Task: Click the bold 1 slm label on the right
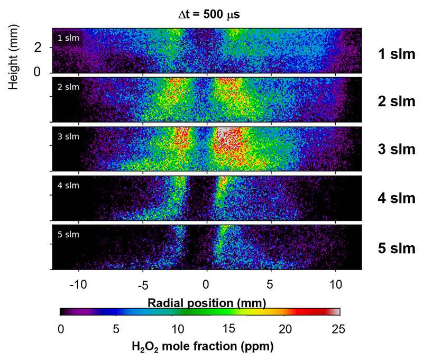tap(396, 53)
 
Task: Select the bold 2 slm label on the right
tap(396, 101)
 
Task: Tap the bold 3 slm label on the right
tap(396, 149)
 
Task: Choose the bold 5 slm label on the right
tap(396, 248)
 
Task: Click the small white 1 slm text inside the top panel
tap(67, 38)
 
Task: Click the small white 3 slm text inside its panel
tap(68, 136)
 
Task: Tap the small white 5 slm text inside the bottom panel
tap(68, 234)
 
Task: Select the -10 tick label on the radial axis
tap(78, 284)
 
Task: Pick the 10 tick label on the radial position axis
tap(335, 284)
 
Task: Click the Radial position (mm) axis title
tap(207, 302)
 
